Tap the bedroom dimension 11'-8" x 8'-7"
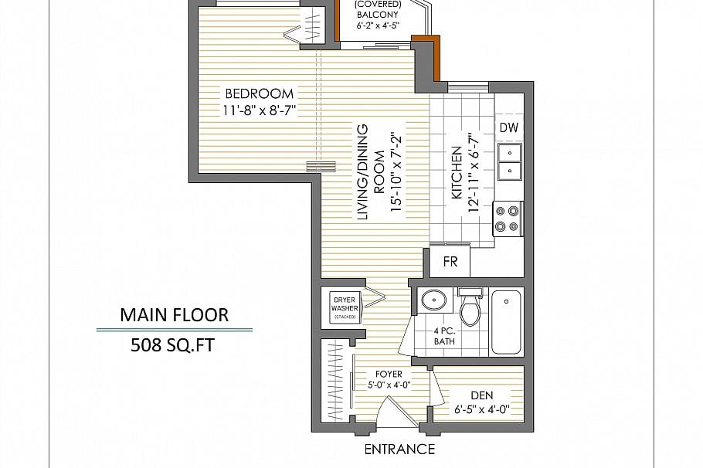coord(260,110)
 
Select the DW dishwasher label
coord(508,127)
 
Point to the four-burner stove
coord(508,218)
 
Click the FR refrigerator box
coord(450,262)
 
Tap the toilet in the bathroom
coord(470,309)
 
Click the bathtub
coord(506,320)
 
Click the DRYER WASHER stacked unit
coord(344,307)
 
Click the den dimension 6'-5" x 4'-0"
coord(481,409)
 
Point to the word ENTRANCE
coord(399,449)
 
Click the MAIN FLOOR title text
coord(174,315)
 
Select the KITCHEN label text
coord(457,174)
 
